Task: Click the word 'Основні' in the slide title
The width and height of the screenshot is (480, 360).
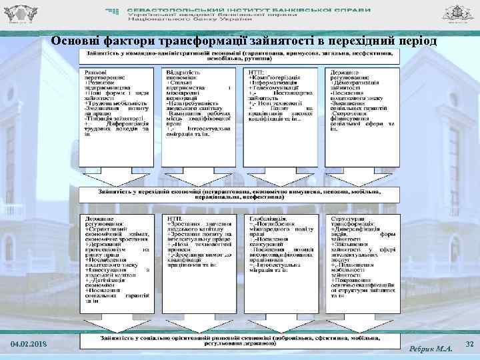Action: [x=75, y=42]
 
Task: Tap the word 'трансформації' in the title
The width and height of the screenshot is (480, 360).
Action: [x=195, y=42]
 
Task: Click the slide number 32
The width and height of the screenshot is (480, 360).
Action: [x=469, y=343]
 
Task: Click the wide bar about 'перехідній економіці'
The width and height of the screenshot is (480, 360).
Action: [x=240, y=194]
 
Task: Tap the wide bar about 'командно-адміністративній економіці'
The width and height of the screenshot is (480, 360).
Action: [x=240, y=54]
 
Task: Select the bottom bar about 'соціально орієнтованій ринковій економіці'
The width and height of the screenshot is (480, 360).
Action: [x=240, y=341]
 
